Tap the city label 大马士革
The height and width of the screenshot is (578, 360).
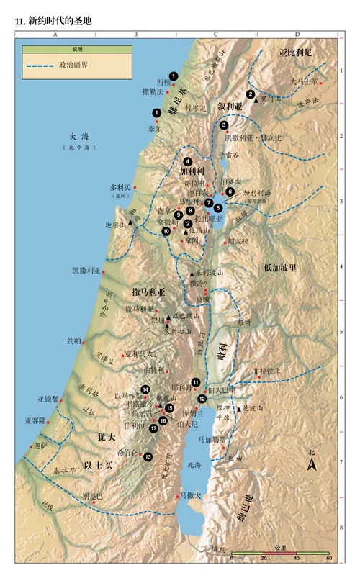click(x=303, y=82)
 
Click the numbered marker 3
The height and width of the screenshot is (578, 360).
click(x=224, y=125)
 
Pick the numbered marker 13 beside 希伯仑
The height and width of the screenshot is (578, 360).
click(x=148, y=457)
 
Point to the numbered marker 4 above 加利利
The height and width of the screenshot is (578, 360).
click(x=188, y=161)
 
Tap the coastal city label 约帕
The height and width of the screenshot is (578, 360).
click(x=74, y=340)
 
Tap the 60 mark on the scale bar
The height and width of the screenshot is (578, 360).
click(x=328, y=558)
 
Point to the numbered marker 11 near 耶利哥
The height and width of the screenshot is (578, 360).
click(x=195, y=382)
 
